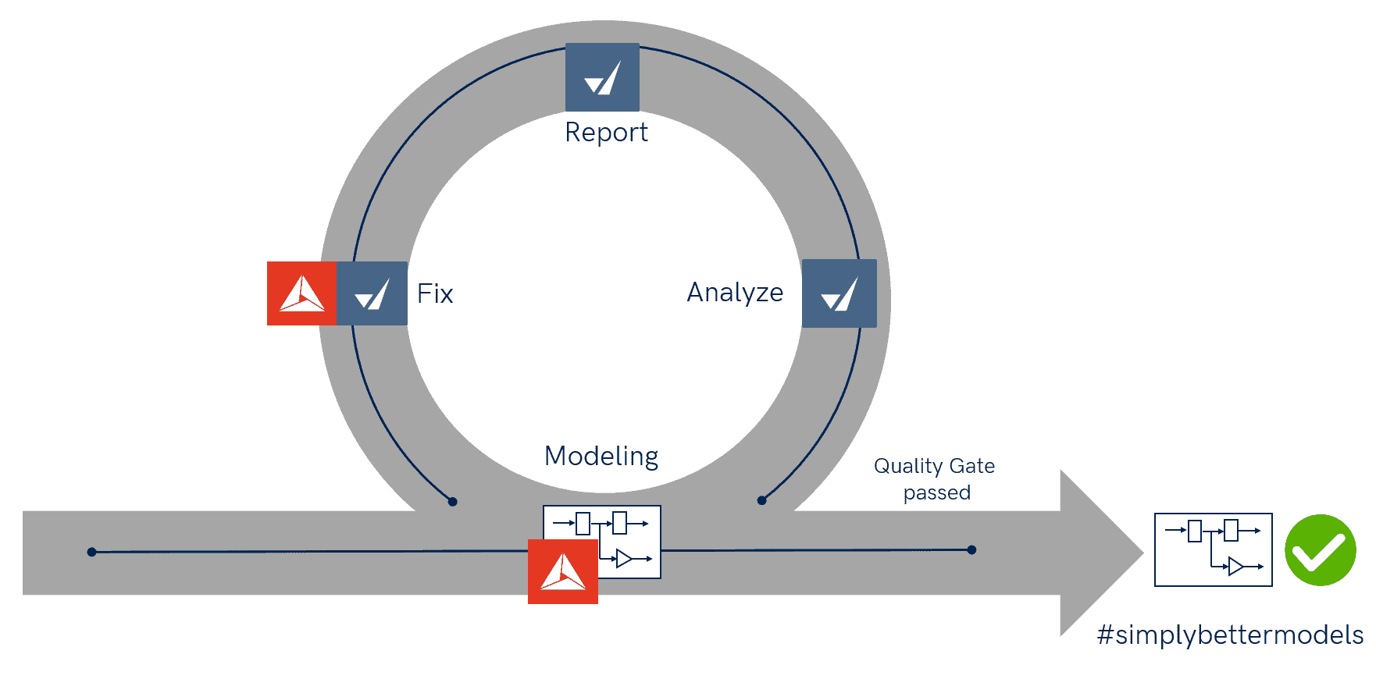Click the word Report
pos(606,133)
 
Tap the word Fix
pos(435,293)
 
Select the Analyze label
pos(735,292)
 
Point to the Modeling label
pos(601,456)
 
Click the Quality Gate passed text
pos(935,479)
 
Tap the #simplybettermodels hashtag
pos(1230,635)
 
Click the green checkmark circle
pos(1321,550)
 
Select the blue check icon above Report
pos(602,77)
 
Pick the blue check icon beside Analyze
pos(840,293)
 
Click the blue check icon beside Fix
pos(372,293)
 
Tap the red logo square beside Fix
pos(301,293)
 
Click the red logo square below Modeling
pos(563,571)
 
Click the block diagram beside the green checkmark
pos(1213,549)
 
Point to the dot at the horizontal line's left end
pos(91,552)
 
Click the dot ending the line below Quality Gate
pos(971,550)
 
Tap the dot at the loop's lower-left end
pos(452,501)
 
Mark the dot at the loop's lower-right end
pos(761,500)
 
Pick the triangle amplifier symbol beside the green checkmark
pos(1235,566)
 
